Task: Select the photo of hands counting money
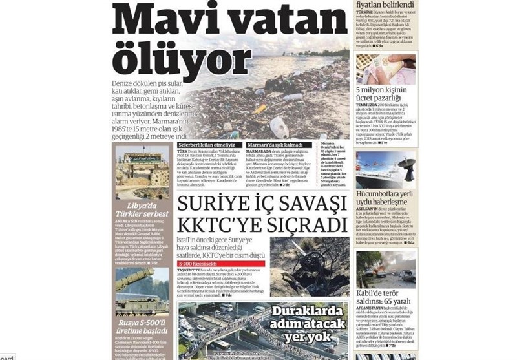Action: point(385,68)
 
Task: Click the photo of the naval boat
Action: point(385,169)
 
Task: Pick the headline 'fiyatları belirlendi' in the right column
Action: point(385,5)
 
